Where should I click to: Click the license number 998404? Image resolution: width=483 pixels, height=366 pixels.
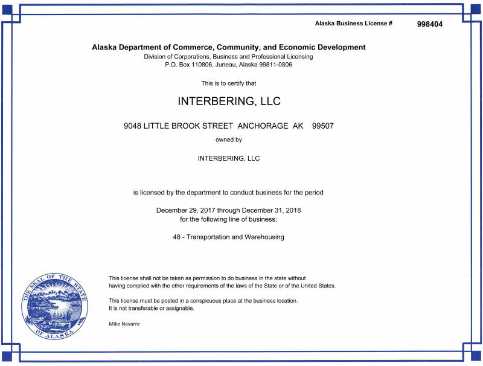[x=430, y=24]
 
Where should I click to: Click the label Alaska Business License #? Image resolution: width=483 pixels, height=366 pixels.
[x=354, y=24]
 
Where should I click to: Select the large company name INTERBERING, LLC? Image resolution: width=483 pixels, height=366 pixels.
[x=229, y=101]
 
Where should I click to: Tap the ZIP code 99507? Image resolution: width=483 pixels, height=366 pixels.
[x=322, y=126]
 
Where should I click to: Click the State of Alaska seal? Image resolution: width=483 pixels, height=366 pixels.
[x=54, y=305]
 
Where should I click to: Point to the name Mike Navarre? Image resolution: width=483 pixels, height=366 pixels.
[x=124, y=324]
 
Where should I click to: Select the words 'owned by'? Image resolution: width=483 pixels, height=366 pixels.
[x=228, y=140]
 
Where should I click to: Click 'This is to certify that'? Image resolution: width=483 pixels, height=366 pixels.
[x=228, y=83]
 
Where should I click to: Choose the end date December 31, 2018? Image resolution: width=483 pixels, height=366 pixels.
[x=270, y=210]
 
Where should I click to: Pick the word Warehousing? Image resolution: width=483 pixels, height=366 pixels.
[x=264, y=237]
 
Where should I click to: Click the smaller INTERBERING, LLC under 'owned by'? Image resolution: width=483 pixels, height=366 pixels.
[x=228, y=158]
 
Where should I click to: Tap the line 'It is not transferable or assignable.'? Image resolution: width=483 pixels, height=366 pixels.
[x=151, y=308]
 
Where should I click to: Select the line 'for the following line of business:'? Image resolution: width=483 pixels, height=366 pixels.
[x=228, y=219]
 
